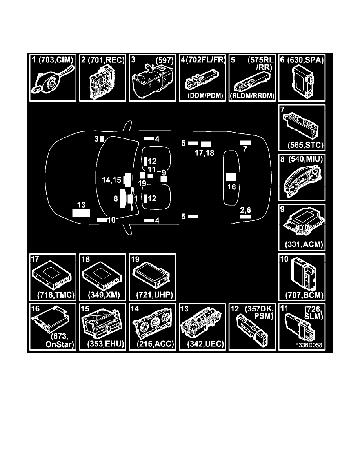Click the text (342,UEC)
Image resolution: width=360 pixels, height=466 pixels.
[x=202, y=344]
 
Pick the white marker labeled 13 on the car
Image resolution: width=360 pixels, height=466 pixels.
[x=81, y=213]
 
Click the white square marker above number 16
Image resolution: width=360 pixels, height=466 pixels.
[x=231, y=177]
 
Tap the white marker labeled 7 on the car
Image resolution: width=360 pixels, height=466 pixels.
[x=245, y=142]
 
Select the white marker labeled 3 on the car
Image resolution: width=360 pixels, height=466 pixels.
[x=102, y=138]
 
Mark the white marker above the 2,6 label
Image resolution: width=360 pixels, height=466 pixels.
[x=245, y=216]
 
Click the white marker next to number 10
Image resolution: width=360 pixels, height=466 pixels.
[x=102, y=220]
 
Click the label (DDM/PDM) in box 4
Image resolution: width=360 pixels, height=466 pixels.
[x=202, y=95]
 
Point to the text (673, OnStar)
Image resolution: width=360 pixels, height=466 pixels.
[x=61, y=340]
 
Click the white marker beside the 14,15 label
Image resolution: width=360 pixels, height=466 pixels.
[x=127, y=179]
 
